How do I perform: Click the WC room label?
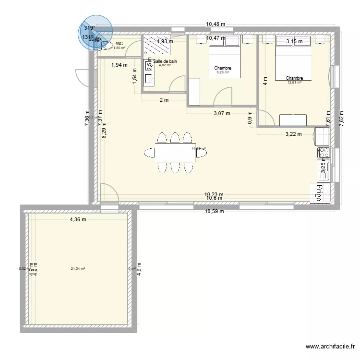coord(119,44)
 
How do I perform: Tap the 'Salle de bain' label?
coord(165,61)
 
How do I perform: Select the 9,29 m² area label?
coord(223,73)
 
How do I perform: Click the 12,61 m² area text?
coord(294,83)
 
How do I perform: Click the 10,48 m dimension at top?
coord(216,24)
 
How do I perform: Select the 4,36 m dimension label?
coord(77,220)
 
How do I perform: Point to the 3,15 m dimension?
coord(294,42)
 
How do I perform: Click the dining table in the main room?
coord(175,153)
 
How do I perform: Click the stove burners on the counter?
coord(323,153)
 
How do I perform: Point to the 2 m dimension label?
coord(164,100)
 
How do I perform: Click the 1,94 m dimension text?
coord(119,65)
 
